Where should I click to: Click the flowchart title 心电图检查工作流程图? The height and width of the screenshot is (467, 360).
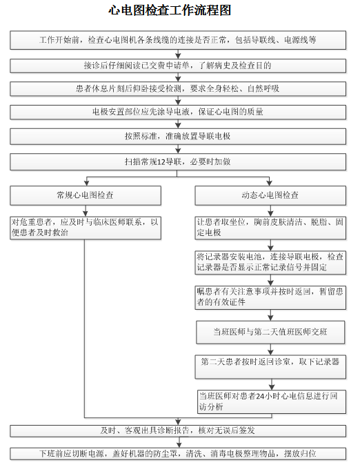point(170,10)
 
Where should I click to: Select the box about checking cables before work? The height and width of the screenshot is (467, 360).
point(178,40)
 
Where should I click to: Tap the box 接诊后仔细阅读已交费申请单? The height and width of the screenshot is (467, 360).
point(178,66)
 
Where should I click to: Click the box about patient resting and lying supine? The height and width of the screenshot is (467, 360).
point(178,89)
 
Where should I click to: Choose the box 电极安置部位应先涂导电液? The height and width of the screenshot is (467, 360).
point(178,112)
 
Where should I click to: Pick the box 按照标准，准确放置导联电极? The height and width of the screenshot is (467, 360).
point(178,137)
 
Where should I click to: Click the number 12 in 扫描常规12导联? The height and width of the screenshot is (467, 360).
point(161,161)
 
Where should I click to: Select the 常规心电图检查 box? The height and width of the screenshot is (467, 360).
point(86,195)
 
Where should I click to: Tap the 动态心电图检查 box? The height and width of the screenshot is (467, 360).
point(270,195)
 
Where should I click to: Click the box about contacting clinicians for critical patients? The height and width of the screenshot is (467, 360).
point(86,228)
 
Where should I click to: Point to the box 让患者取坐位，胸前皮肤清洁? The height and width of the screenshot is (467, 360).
point(270,228)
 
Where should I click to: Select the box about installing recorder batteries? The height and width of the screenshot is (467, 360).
point(270,262)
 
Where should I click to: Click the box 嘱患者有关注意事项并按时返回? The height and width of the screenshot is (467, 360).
point(270,297)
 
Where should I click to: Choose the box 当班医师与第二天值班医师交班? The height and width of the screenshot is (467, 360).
point(270,332)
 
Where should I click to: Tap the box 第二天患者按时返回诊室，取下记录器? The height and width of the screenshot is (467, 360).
point(270,366)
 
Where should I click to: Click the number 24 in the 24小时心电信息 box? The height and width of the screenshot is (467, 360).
point(260,396)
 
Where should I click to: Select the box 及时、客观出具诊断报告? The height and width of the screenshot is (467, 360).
point(178,430)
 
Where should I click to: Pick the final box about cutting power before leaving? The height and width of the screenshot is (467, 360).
point(178,454)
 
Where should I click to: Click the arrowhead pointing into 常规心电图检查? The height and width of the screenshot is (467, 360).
point(87,183)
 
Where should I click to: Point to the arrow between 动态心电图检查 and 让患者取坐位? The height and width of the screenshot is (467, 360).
point(270,211)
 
